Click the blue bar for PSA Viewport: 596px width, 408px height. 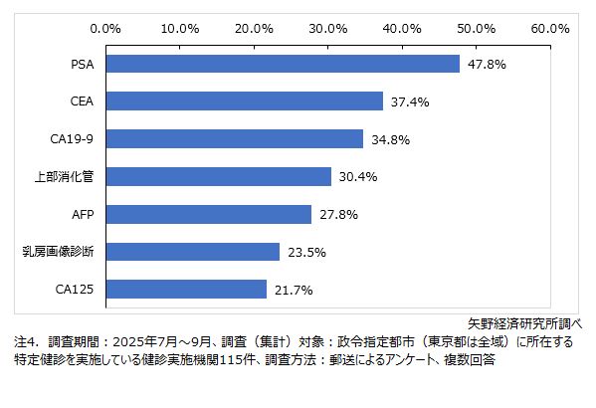283,64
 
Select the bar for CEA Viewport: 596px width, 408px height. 244,102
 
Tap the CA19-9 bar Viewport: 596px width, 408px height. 234,139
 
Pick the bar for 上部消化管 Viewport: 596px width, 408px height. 218,176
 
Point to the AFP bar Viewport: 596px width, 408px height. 208,214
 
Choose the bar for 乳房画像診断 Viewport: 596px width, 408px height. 192,252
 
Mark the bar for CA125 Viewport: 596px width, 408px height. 186,290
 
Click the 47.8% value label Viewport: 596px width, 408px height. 488,64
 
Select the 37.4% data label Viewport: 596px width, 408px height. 410,102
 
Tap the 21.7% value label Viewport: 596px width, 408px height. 294,290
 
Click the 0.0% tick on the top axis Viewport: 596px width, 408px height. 105,27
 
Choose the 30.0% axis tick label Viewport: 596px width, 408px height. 328,27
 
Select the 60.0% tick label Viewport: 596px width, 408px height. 550,27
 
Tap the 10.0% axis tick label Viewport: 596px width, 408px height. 180,27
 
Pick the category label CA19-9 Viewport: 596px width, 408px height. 71,139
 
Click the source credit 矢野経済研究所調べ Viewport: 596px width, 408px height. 525,323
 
